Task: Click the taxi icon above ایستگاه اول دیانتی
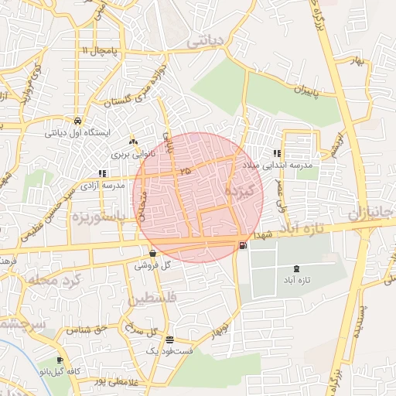[x=78, y=121]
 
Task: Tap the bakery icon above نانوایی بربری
[x=134, y=142]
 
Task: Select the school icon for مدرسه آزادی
[x=102, y=174]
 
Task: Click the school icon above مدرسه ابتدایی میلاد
[x=277, y=153]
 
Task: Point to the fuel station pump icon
[x=244, y=246]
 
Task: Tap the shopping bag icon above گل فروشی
[x=152, y=253]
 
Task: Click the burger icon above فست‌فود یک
[x=169, y=340]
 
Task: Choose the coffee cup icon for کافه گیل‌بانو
[x=60, y=360]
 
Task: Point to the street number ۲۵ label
[x=184, y=170]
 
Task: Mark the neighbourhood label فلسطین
[x=153, y=298]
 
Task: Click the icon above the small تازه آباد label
[x=295, y=268]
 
